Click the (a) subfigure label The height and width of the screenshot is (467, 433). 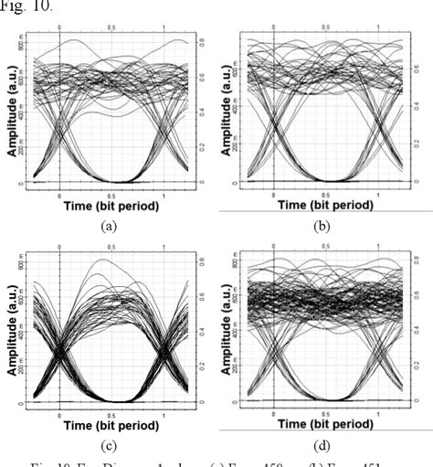click(111, 222)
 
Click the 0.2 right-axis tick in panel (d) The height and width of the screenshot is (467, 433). click(417, 363)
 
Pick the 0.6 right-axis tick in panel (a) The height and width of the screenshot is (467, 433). click(203, 78)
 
